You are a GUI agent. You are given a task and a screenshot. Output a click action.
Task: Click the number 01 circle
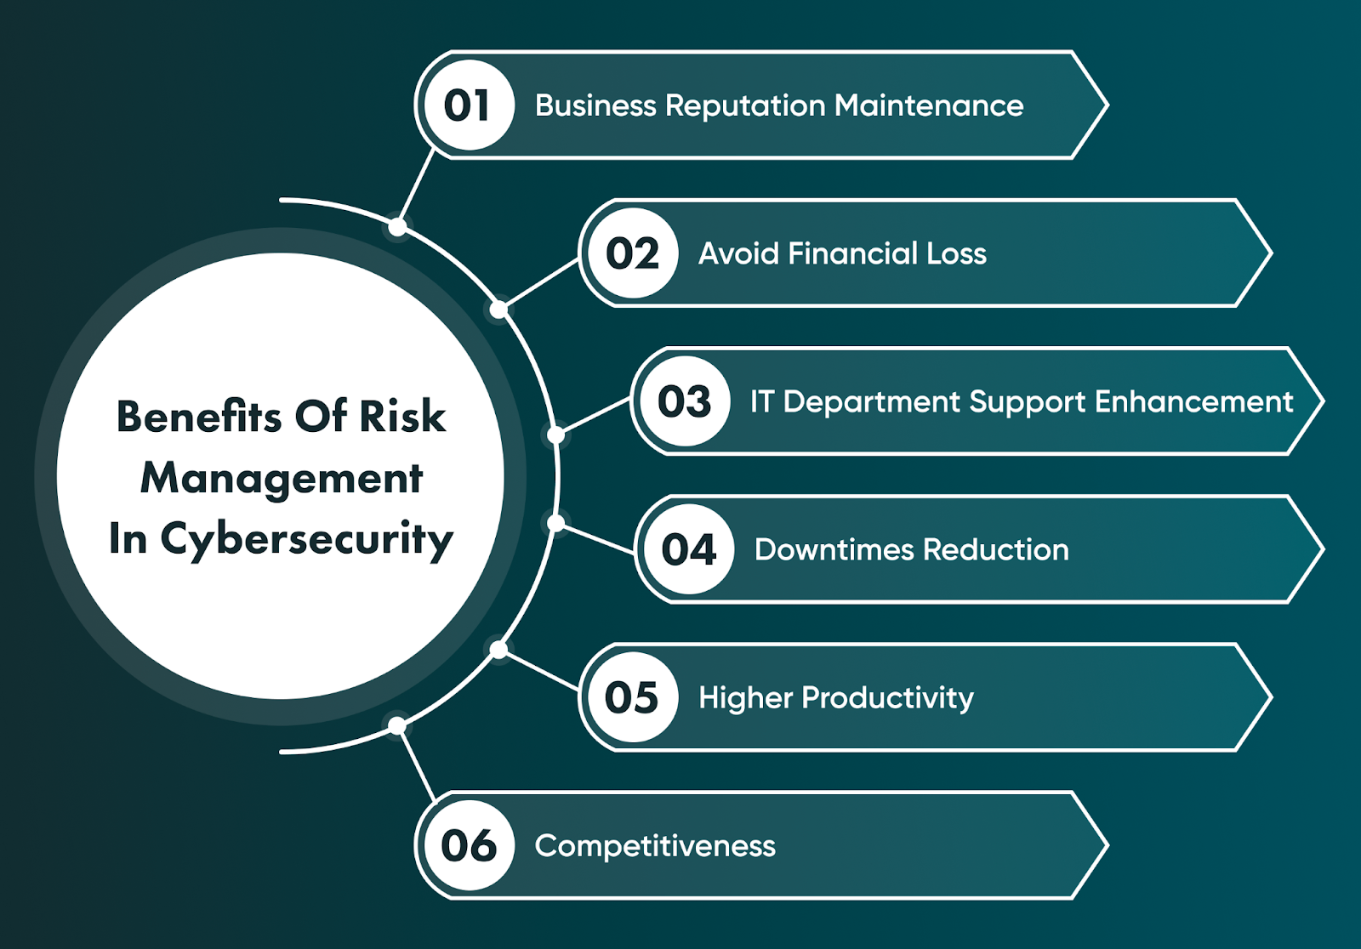(467, 105)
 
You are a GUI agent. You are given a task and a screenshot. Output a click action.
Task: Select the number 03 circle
(684, 401)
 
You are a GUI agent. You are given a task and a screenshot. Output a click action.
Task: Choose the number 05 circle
(631, 697)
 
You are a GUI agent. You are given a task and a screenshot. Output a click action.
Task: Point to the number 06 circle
(467, 845)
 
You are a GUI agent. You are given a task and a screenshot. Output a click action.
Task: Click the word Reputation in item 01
(745, 105)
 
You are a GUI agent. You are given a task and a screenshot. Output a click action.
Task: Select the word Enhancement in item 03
(1193, 401)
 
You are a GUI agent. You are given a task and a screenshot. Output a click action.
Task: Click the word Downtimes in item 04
(834, 549)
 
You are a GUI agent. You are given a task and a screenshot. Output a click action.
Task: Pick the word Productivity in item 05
(887, 698)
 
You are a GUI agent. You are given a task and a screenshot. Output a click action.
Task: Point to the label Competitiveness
(655, 846)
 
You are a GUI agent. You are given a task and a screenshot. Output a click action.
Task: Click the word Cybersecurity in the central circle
(306, 539)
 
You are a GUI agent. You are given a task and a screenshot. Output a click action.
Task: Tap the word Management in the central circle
(282, 478)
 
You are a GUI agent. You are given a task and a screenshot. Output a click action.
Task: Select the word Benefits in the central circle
(199, 417)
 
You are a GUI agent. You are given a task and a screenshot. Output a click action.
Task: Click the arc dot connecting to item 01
(397, 227)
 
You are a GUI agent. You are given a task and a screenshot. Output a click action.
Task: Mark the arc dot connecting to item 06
(397, 725)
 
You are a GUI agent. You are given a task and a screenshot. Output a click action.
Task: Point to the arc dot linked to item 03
(555, 435)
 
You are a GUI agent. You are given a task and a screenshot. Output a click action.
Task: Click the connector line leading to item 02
(539, 285)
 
